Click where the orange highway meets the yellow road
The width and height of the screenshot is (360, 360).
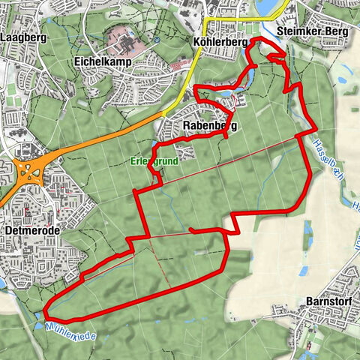point(165,112)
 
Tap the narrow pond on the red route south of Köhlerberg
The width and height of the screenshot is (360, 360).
point(225,94)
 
